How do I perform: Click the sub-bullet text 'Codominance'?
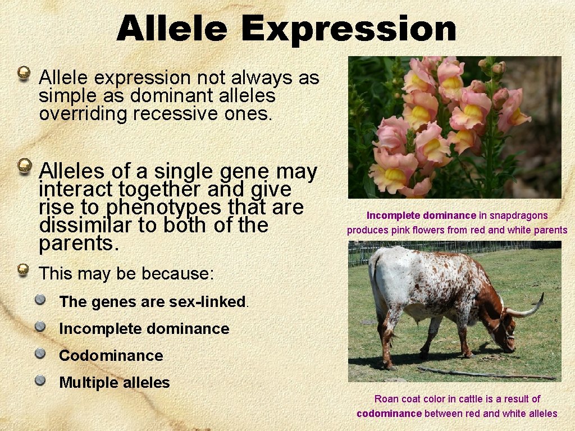111,356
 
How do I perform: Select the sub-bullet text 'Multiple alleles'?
114,383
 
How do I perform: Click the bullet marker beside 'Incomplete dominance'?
40,327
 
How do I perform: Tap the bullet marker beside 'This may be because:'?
23,271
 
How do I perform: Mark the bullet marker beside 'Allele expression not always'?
23,74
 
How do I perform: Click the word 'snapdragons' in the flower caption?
519,215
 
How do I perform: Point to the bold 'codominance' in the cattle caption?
389,414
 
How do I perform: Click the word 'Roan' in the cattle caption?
386,399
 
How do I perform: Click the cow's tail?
374,281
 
